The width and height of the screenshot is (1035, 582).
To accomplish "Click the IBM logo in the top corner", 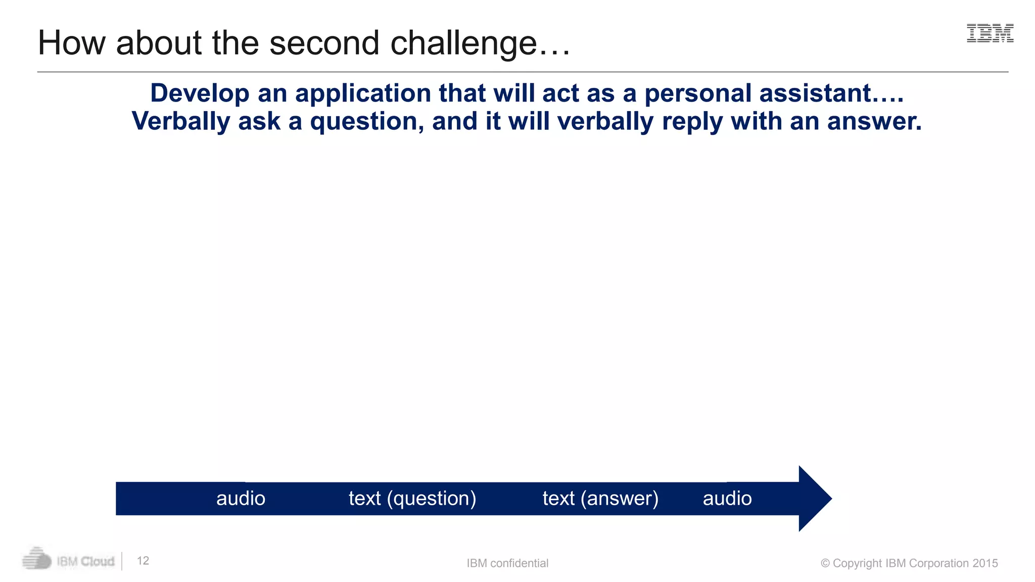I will click(x=990, y=33).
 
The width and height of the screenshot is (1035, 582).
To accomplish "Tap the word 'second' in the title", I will click(x=324, y=43).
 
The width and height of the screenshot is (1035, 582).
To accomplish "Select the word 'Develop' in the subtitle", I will click(x=200, y=94).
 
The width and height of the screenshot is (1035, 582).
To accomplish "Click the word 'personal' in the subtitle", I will click(x=698, y=94).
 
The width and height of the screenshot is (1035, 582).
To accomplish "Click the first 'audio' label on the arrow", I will click(x=241, y=499).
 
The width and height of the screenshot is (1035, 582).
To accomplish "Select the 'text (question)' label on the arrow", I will click(x=412, y=499).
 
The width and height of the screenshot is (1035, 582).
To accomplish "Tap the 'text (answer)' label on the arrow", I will click(x=600, y=499).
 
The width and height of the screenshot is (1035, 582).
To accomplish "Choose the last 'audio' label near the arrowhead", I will click(x=727, y=499).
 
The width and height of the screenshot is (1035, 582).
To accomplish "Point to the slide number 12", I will click(x=143, y=561).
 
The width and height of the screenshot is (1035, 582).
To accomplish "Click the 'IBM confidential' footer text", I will click(x=507, y=563).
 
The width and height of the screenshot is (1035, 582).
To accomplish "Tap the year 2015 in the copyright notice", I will click(x=985, y=563).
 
